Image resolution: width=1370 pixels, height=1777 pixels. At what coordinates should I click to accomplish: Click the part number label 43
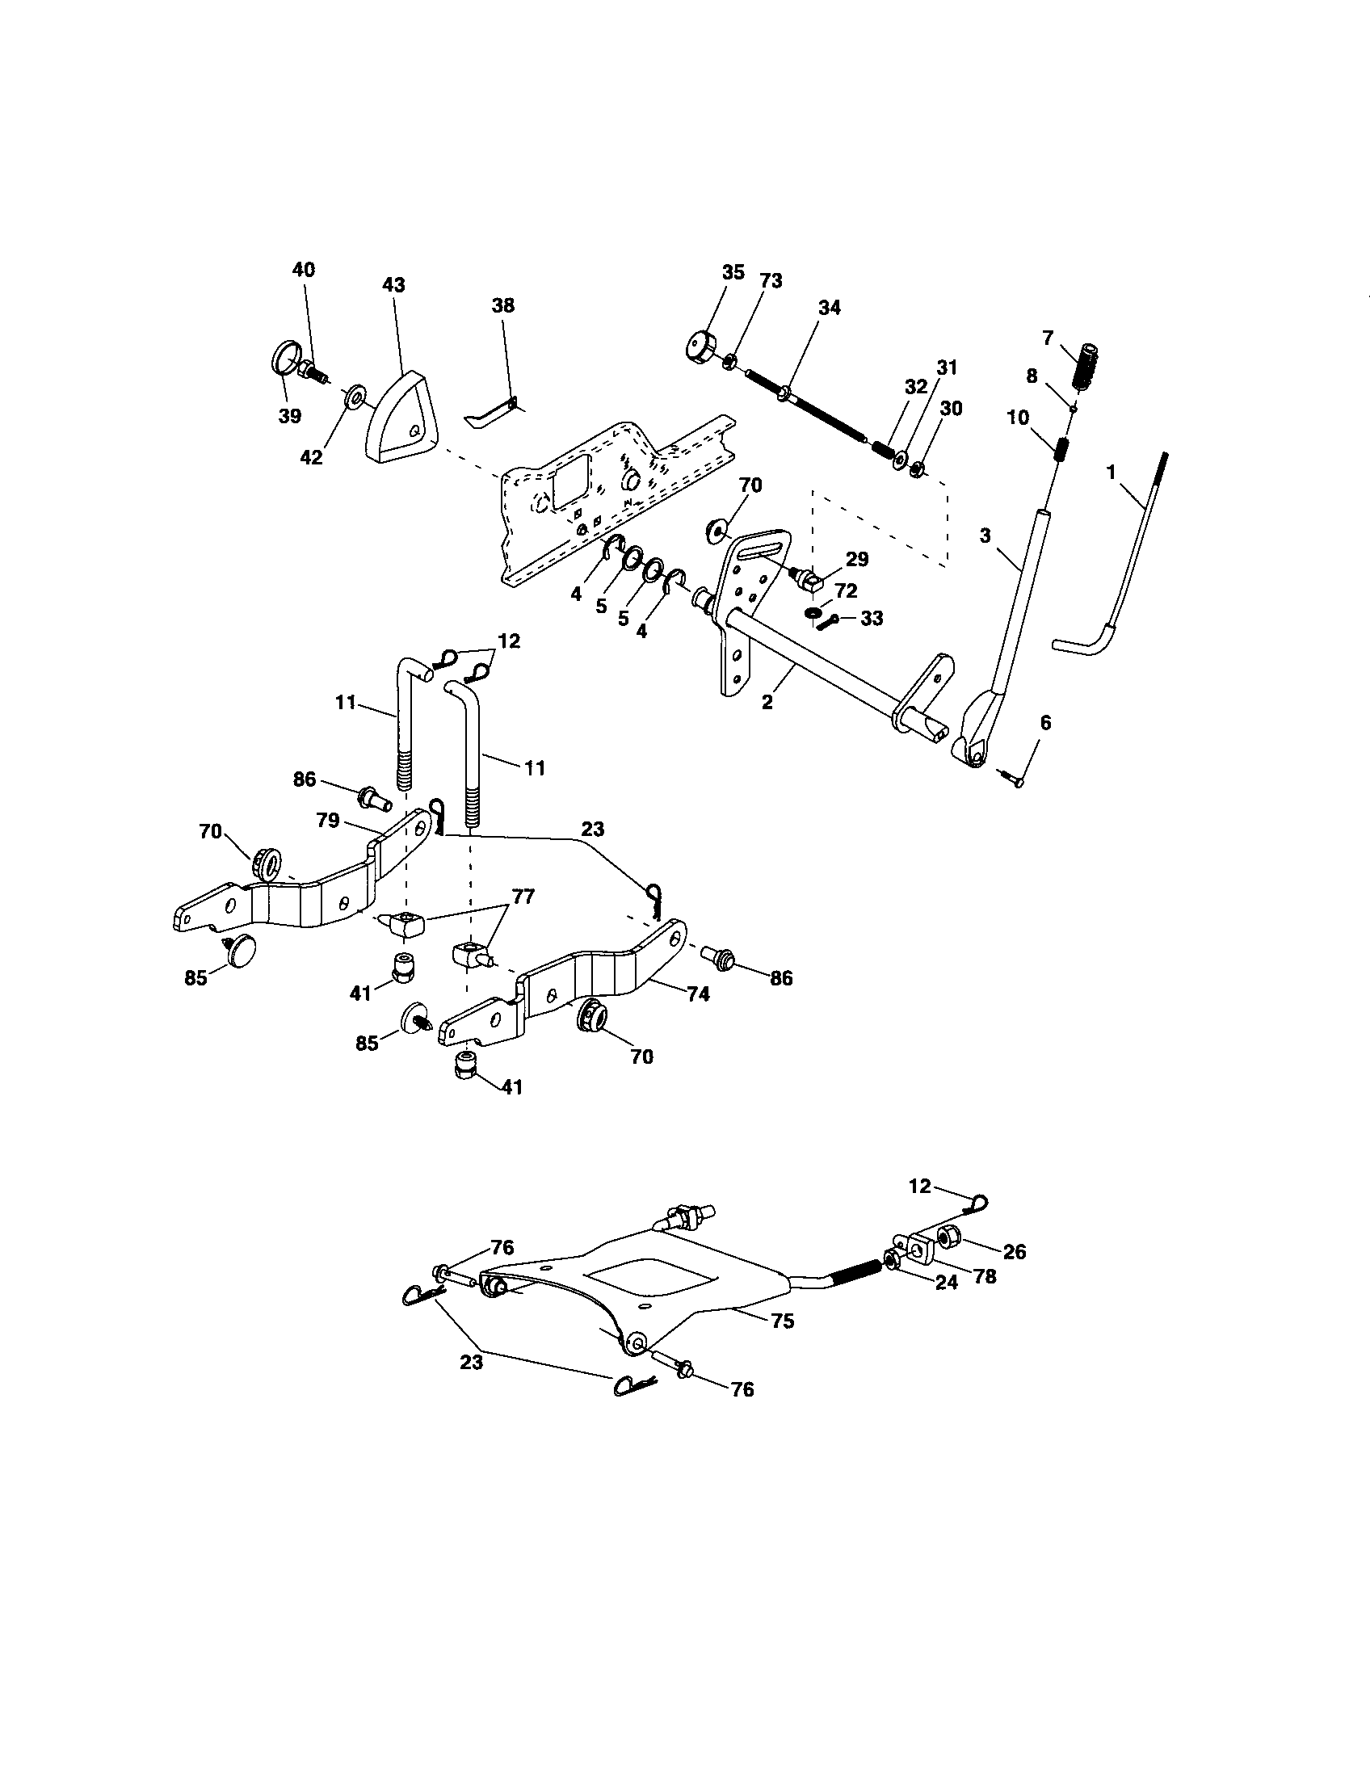tap(393, 286)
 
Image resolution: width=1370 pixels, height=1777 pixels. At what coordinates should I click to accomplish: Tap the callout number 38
tap(502, 306)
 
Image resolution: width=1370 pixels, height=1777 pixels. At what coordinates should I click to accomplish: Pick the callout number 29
tap(857, 560)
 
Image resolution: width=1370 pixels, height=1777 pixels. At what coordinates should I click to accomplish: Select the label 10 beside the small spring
tap(1017, 418)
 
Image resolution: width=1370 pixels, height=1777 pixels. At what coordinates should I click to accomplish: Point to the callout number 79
tap(328, 821)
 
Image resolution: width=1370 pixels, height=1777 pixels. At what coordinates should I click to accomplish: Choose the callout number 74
tap(698, 994)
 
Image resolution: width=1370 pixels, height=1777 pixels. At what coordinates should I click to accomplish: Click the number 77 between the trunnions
tap(523, 897)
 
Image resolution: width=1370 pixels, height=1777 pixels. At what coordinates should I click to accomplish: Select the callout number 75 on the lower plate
tap(782, 1321)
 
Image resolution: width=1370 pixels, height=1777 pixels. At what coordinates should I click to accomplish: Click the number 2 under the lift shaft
tap(767, 701)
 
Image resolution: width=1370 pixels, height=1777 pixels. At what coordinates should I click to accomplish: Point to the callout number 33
tap(872, 619)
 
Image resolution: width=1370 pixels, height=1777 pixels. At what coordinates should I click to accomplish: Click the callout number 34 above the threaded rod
tap(830, 308)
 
